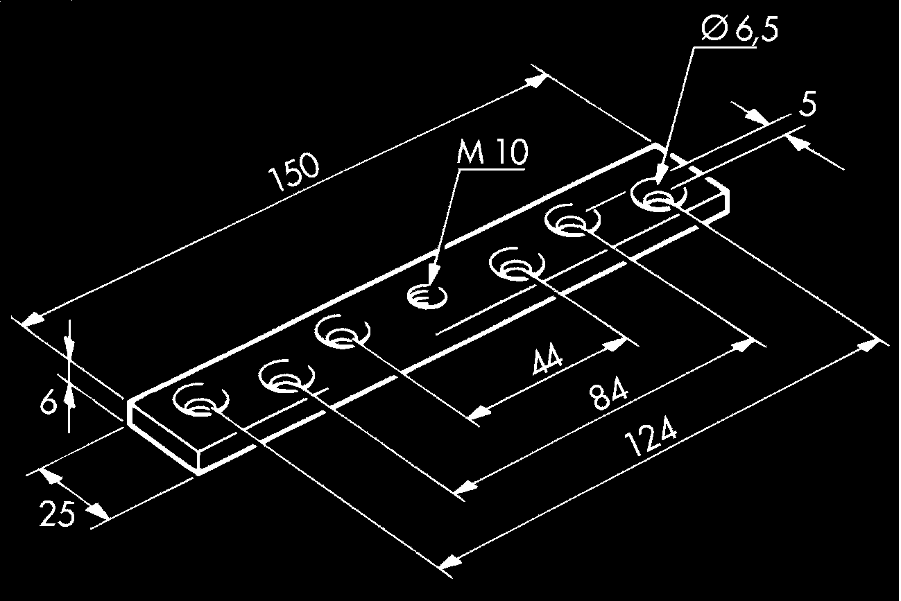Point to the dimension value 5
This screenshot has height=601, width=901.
point(807,105)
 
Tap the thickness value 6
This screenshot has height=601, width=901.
point(46,402)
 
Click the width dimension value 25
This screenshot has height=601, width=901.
point(57,515)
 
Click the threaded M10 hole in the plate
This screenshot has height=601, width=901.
point(425,298)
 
